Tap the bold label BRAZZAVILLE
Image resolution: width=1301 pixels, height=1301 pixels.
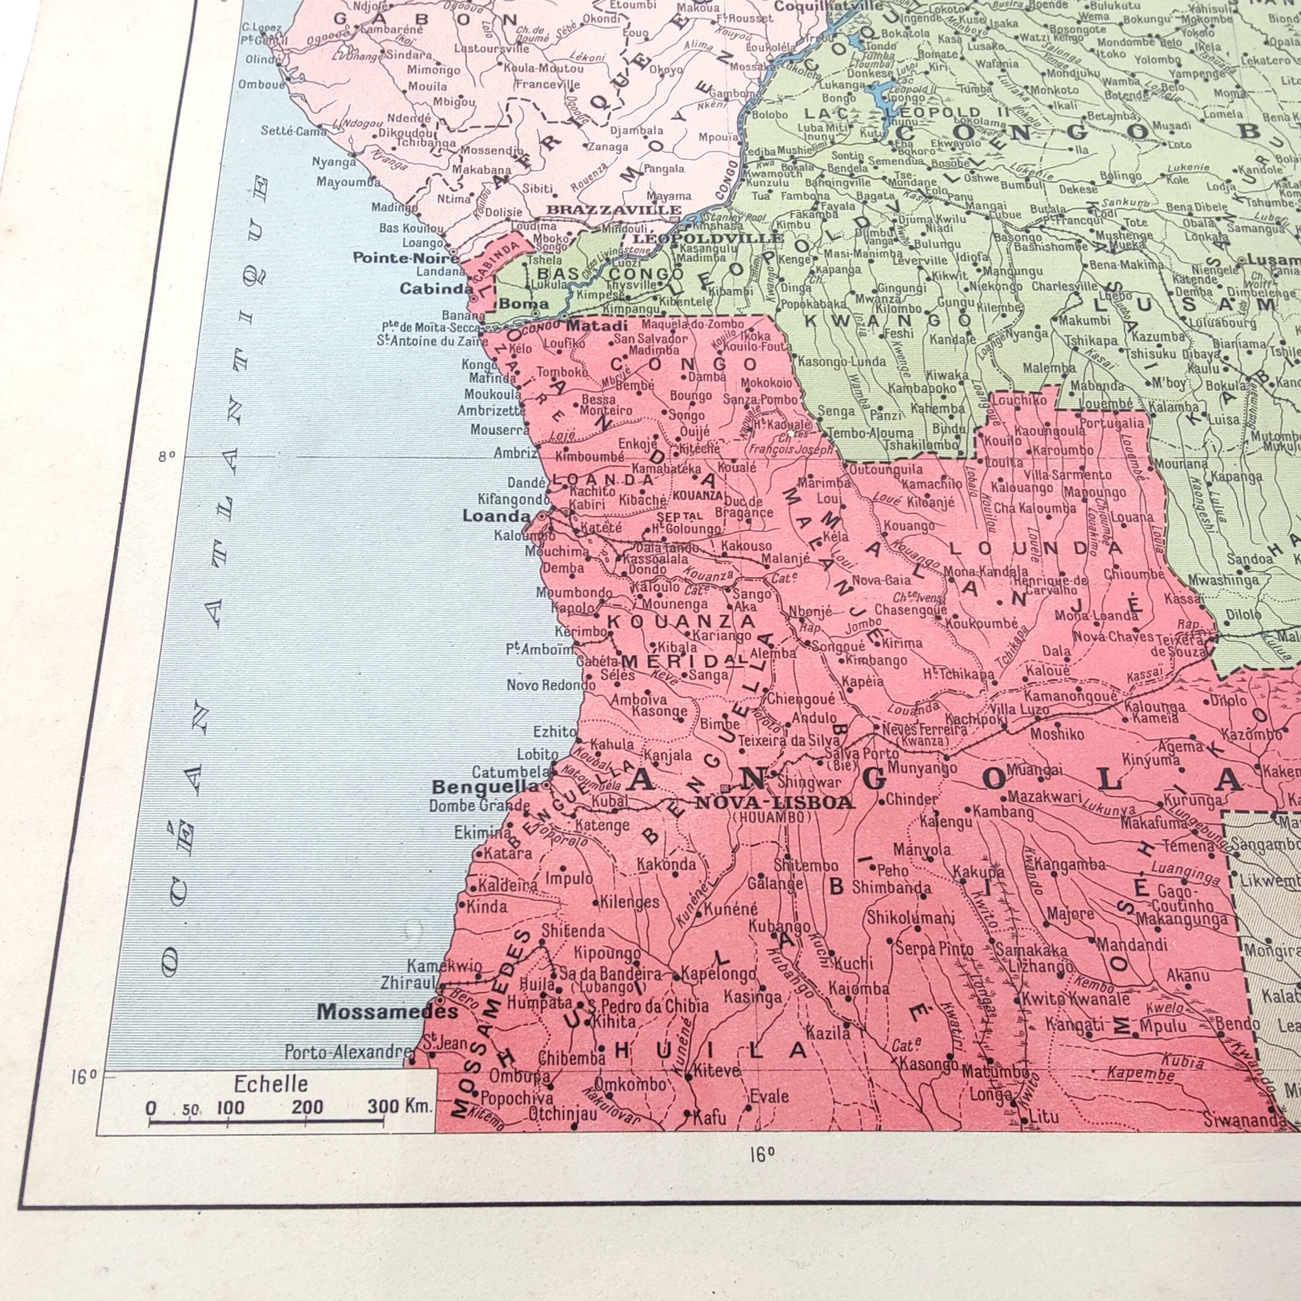coord(614,210)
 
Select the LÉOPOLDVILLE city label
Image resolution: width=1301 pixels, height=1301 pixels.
coord(707,238)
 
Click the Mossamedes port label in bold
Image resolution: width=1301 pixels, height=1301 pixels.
coord(388,1011)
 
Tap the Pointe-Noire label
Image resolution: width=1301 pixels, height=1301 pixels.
coord(406,258)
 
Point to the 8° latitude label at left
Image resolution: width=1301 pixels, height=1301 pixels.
coord(166,456)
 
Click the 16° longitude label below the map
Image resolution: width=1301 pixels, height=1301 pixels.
coord(761,1156)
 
